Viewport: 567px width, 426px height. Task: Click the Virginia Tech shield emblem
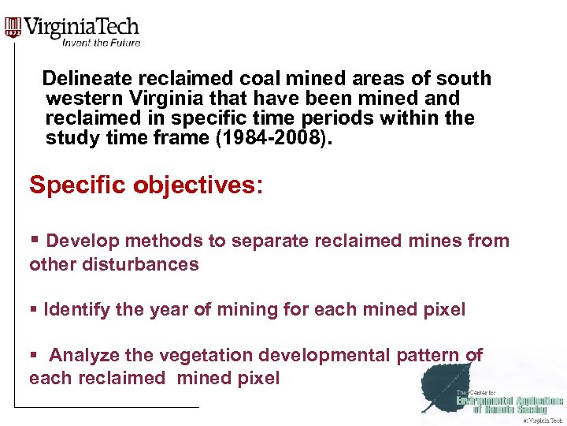click(13, 28)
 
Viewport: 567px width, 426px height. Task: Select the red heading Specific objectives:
click(146, 185)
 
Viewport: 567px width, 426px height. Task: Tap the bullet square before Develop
click(34, 240)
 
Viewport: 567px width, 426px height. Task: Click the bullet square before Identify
click(33, 310)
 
